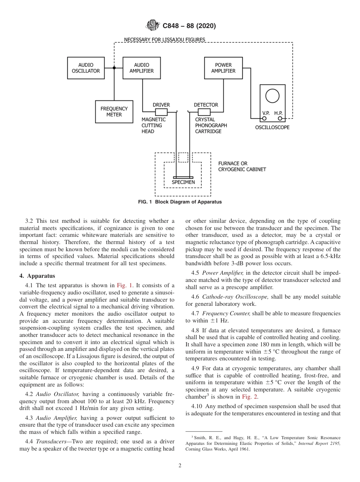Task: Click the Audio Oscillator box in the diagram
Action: pyautogui.click(x=86, y=68)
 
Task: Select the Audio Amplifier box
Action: pyautogui.click(x=141, y=68)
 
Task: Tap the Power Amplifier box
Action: pyautogui.click(x=223, y=68)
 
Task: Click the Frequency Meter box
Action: pyautogui.click(x=114, y=112)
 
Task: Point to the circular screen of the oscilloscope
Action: pyautogui.click(x=272, y=95)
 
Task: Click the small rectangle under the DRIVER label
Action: pyautogui.click(x=161, y=112)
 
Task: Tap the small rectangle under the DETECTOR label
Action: pyautogui.click(x=204, y=112)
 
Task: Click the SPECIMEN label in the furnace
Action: pyautogui.click(x=183, y=182)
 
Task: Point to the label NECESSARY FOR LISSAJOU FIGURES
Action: pyautogui.click(x=164, y=39)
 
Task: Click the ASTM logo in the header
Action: pyautogui.click(x=152, y=26)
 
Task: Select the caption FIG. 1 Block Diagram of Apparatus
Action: pyautogui.click(x=180, y=202)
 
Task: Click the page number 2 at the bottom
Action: pyautogui.click(x=180, y=466)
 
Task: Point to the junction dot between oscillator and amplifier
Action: pyautogui.click(x=114, y=68)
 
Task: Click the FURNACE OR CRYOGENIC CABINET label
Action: pyautogui.click(x=242, y=166)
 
